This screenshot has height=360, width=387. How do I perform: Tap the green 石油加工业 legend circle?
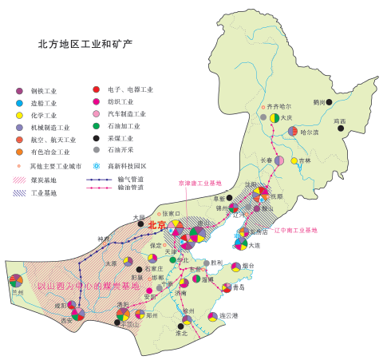(x=97, y=126)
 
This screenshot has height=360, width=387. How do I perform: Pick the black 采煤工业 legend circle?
(x=97, y=138)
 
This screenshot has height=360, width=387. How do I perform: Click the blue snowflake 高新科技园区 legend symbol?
(x=97, y=166)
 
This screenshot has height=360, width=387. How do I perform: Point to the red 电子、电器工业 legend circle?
(x=97, y=89)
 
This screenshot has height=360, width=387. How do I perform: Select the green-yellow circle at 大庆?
(x=274, y=117)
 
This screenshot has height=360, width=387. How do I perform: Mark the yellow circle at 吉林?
(x=294, y=160)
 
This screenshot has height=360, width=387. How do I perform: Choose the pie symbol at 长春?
(x=279, y=160)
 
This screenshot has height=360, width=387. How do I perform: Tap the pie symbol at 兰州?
(x=16, y=280)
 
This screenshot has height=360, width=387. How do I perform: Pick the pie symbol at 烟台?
(x=237, y=267)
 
